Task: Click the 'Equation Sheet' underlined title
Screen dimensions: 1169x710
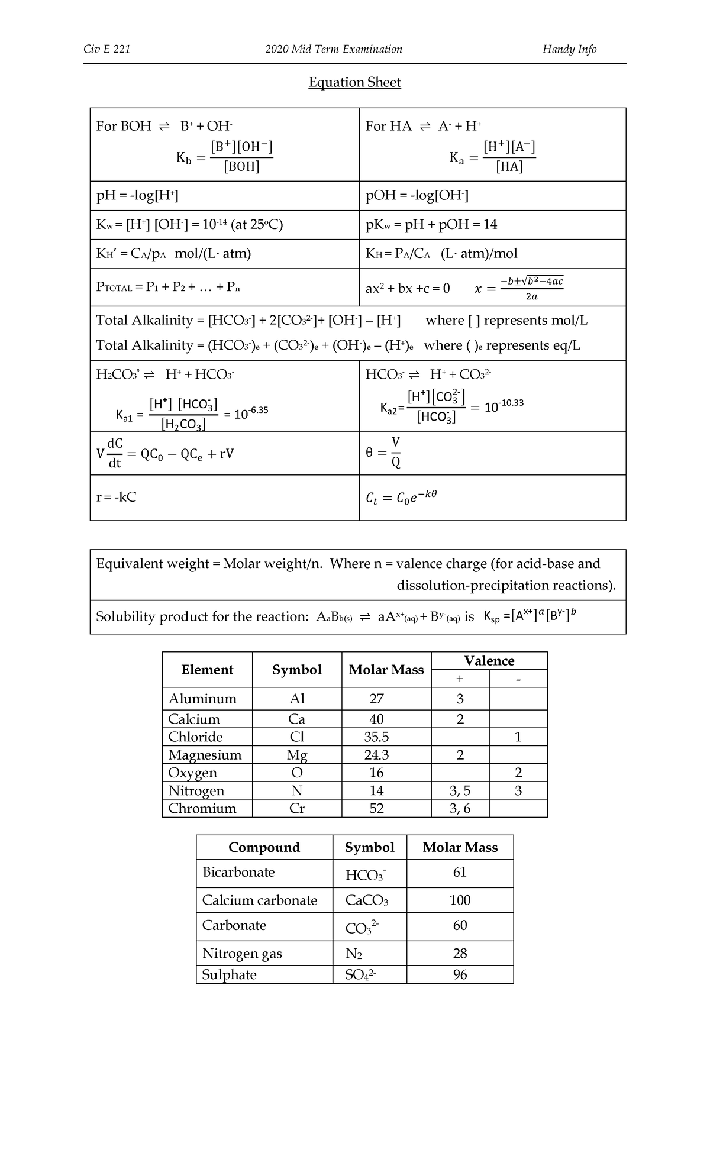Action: pyautogui.click(x=354, y=82)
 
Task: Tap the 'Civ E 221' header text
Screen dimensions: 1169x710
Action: pyautogui.click(x=107, y=49)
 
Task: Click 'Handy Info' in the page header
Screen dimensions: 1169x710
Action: pyautogui.click(x=569, y=49)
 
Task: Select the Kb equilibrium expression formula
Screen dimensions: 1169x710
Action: pyautogui.click(x=225, y=157)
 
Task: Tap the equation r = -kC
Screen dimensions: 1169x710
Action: pyautogui.click(x=117, y=497)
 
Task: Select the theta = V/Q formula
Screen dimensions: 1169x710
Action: pyautogui.click(x=383, y=453)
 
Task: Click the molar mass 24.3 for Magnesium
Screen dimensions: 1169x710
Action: pyautogui.click(x=376, y=755)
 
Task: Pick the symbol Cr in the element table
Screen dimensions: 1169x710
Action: pyautogui.click(x=296, y=808)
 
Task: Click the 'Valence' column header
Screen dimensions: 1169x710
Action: pyautogui.click(x=489, y=660)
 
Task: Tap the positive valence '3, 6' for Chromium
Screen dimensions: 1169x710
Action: pyautogui.click(x=460, y=808)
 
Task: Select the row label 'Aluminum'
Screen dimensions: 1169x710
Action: pyautogui.click(x=202, y=699)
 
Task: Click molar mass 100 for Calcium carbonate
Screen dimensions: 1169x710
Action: pyautogui.click(x=460, y=900)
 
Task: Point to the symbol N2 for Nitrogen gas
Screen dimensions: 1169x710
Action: pyautogui.click(x=353, y=953)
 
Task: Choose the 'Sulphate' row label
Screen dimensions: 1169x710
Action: pyautogui.click(x=229, y=974)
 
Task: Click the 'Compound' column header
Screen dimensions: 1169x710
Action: pyautogui.click(x=264, y=847)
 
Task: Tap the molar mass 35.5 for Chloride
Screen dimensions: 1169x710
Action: pyautogui.click(x=376, y=737)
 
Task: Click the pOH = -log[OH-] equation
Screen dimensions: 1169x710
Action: pyautogui.click(x=417, y=195)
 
